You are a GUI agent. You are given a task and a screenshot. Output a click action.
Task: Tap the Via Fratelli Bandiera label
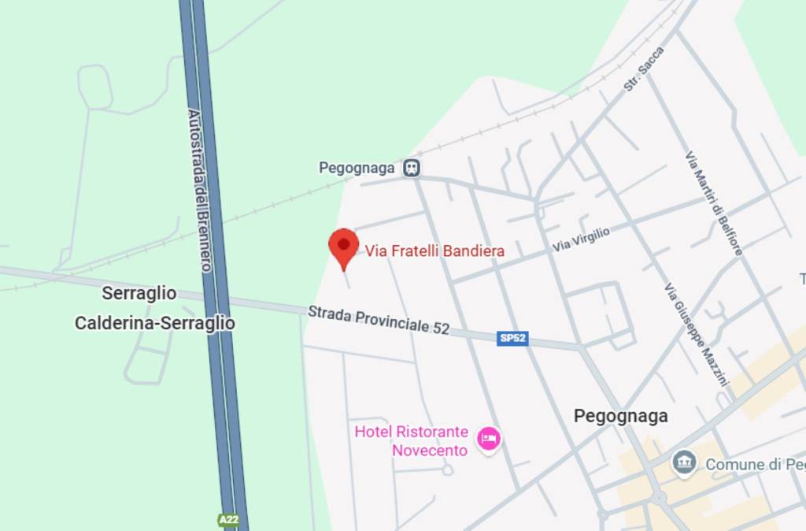[434, 251]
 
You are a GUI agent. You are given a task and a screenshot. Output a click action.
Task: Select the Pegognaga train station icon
[411, 168]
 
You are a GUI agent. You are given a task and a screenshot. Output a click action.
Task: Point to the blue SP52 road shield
[513, 339]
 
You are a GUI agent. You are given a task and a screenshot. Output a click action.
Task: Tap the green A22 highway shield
[228, 520]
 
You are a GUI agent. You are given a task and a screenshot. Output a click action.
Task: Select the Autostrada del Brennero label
[199, 189]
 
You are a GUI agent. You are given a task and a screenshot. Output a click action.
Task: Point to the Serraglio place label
[139, 294]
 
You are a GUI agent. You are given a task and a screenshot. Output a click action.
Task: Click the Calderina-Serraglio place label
[155, 323]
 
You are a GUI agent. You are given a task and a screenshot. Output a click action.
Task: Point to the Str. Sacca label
[645, 69]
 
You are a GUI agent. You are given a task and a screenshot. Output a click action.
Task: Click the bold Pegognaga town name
[621, 416]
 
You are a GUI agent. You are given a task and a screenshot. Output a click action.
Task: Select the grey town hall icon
[684, 462]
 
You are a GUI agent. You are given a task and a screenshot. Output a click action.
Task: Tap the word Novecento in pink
[430, 451]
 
